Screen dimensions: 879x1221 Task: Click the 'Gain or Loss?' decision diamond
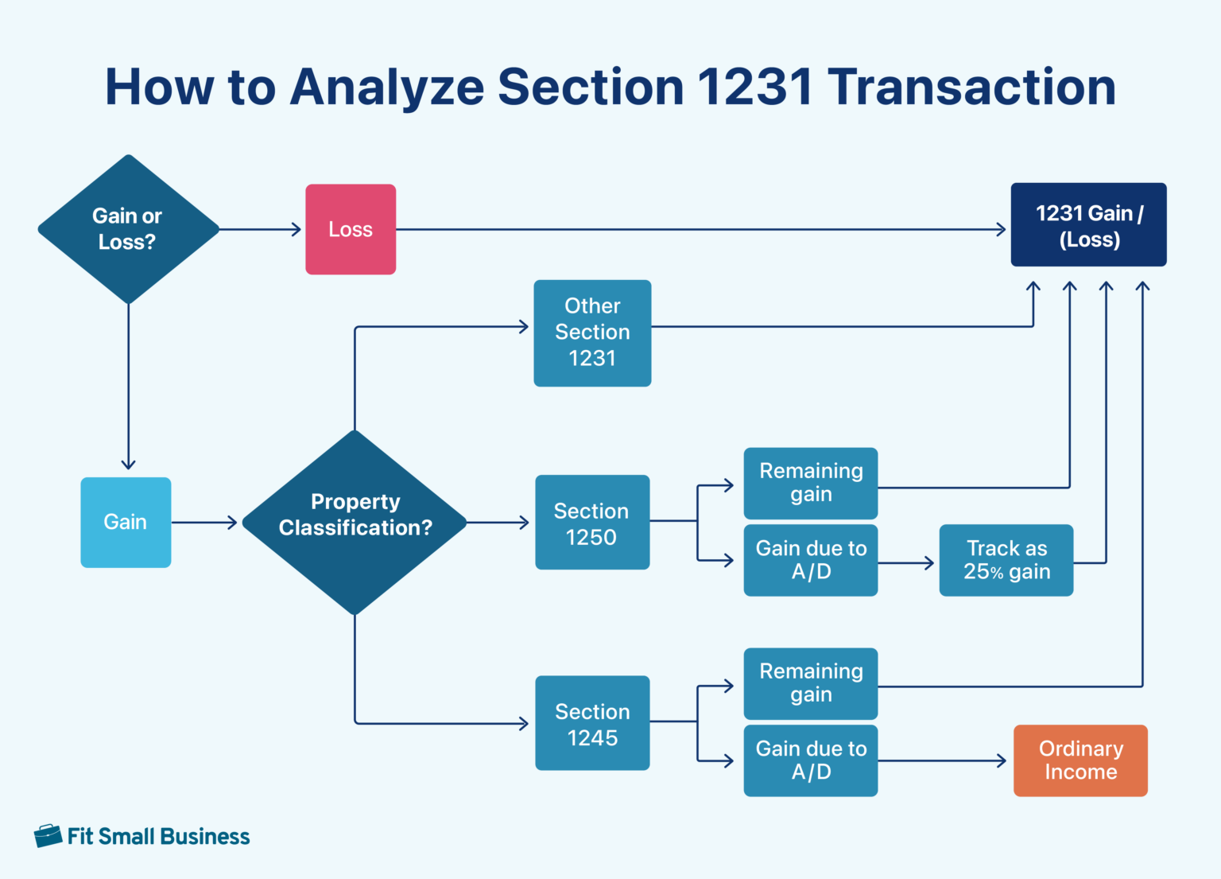128,229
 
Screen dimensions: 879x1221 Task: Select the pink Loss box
351,229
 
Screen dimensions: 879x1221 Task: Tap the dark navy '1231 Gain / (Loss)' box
1088,225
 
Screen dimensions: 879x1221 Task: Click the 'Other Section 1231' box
592,333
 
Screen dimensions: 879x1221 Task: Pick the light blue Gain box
126,522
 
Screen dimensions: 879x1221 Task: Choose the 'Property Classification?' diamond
355,522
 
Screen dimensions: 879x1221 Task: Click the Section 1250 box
592,523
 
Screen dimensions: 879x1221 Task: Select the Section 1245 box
592,723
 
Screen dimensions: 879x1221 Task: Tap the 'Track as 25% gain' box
1006,560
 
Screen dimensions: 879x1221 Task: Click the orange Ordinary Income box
1080,760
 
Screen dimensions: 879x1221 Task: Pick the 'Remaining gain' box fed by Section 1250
810,483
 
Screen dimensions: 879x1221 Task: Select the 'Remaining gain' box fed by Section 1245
810,683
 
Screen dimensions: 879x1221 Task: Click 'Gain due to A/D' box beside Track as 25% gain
810,560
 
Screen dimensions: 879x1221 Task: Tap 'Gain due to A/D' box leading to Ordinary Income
810,760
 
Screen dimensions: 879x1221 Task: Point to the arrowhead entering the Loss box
297,229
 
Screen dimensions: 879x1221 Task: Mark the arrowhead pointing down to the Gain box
128,464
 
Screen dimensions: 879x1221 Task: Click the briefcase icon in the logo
48,836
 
